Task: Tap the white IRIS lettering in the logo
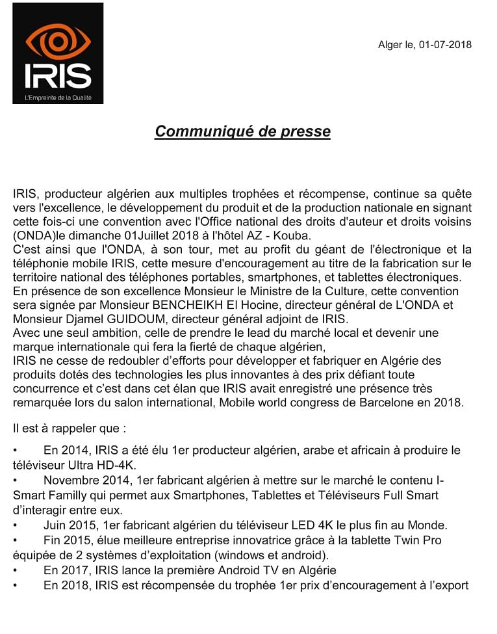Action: pyautogui.click(x=58, y=75)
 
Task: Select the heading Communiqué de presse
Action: pyautogui.click(x=242, y=131)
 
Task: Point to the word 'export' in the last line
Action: pyautogui.click(x=452, y=585)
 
